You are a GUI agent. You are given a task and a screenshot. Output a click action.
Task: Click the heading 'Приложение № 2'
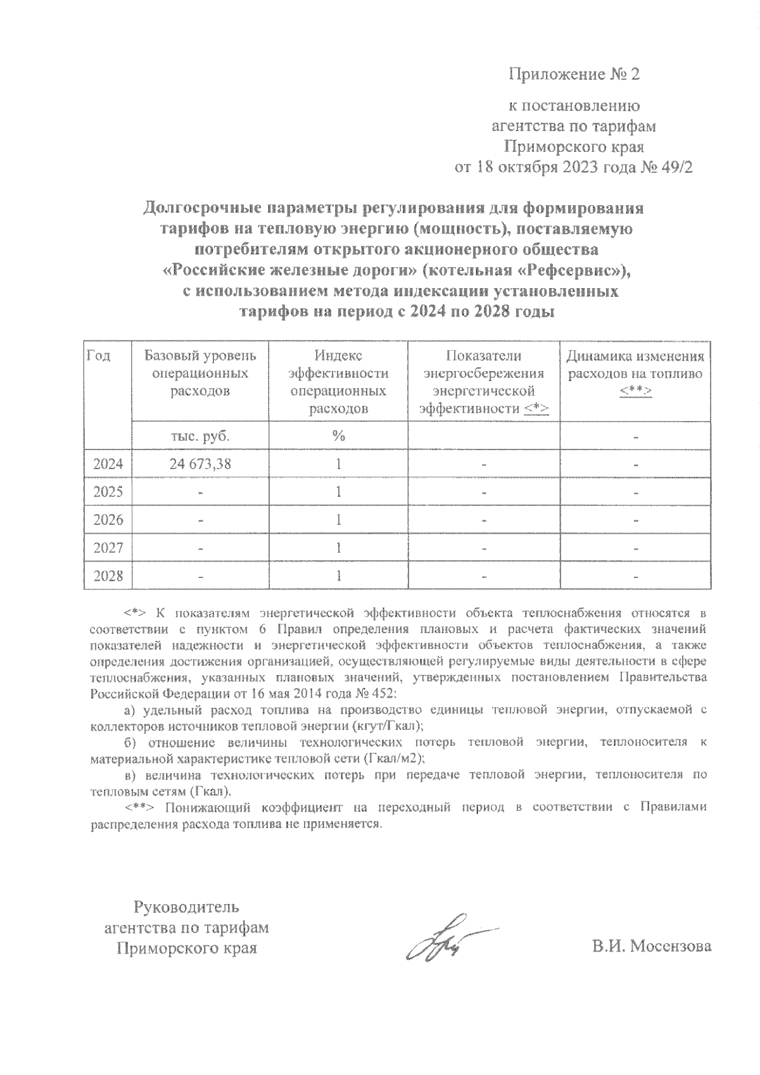coord(574,75)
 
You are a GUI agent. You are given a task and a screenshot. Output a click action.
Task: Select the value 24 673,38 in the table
coord(199,464)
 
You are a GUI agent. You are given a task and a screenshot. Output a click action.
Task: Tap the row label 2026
coord(108,520)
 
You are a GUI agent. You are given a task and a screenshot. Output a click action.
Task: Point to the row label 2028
coord(108,575)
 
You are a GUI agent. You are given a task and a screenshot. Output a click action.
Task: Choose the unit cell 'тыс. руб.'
coord(199,436)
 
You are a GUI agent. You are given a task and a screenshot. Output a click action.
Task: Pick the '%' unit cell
coord(338,436)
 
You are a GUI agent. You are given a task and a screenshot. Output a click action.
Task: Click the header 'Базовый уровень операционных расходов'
coord(199,374)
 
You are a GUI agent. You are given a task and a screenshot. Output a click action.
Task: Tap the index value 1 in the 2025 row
coord(339,492)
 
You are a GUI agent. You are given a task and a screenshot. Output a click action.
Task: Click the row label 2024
coord(108,464)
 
